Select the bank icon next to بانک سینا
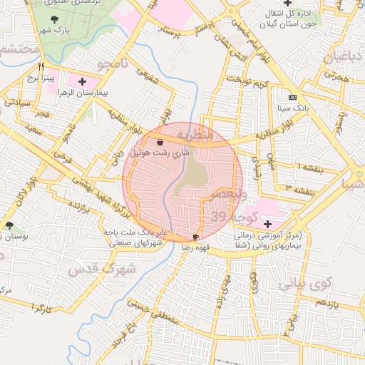[292, 96]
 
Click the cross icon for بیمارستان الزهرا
[82, 82]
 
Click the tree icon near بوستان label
[10, 225]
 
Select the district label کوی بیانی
[307, 283]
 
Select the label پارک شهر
[56, 32]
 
